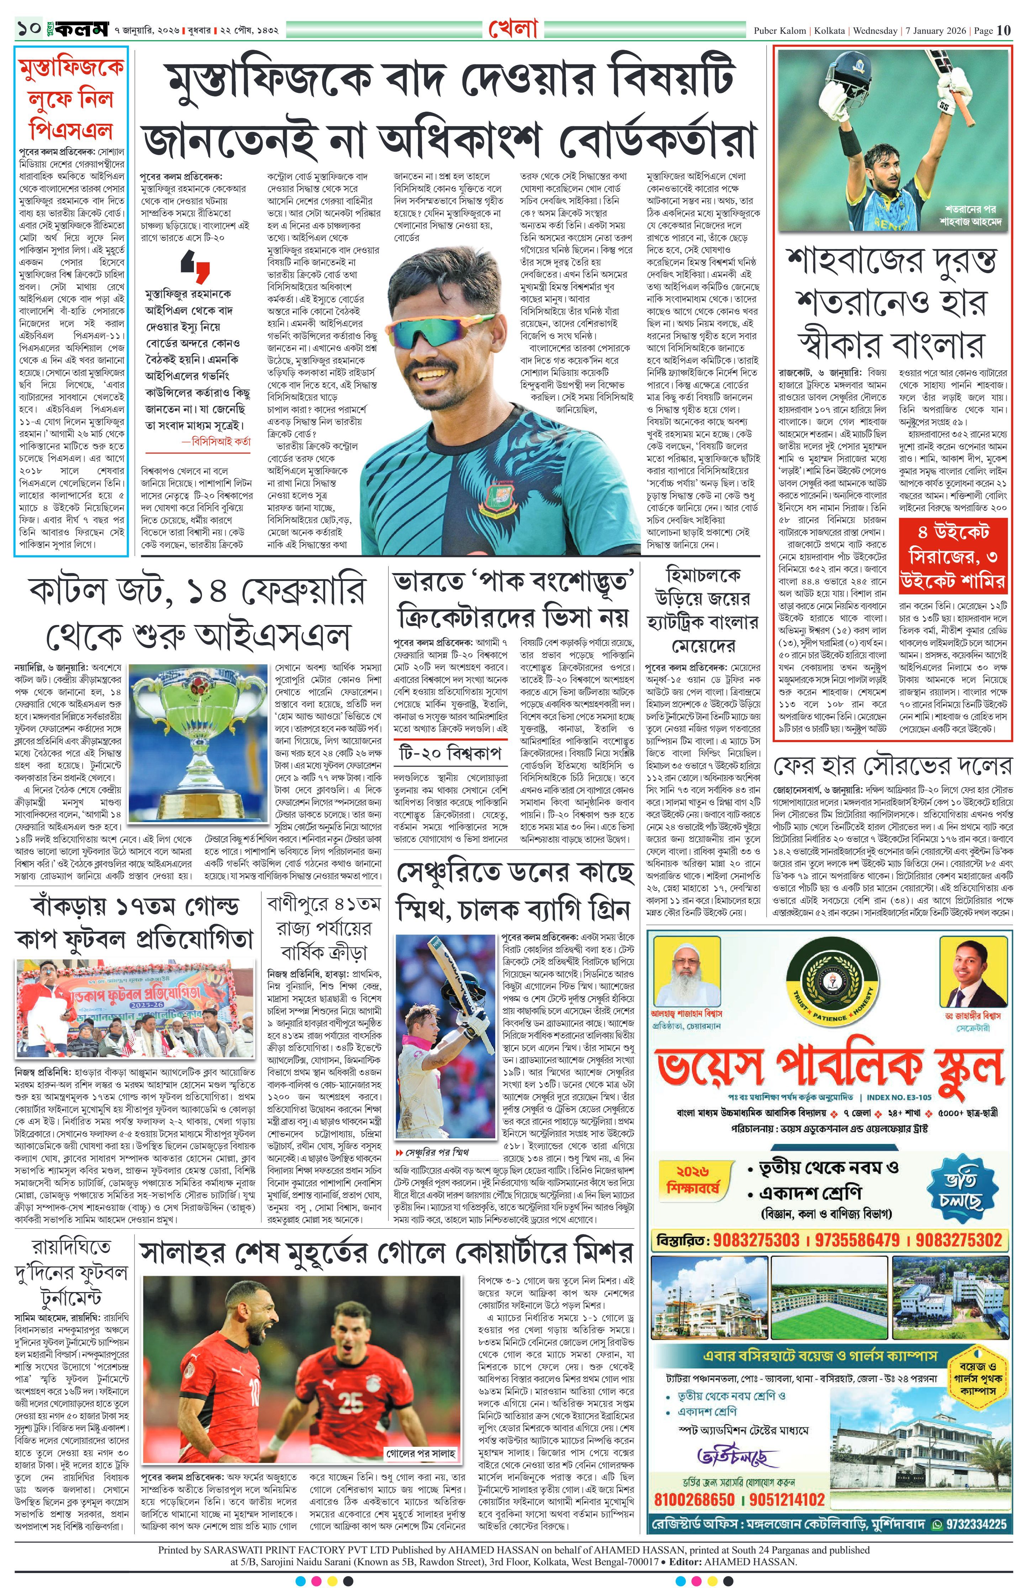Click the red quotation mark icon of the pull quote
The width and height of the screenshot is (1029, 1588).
point(195,270)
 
